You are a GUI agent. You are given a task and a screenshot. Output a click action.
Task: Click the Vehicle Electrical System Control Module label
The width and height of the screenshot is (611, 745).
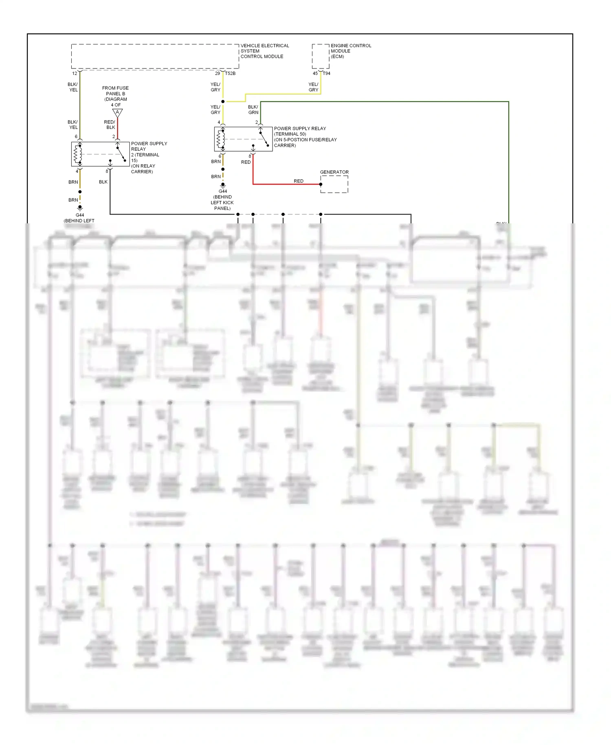pos(264,51)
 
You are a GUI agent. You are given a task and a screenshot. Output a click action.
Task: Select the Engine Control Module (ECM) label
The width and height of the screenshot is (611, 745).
pos(351,51)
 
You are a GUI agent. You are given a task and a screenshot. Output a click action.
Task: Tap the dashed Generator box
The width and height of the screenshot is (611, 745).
pos(334,185)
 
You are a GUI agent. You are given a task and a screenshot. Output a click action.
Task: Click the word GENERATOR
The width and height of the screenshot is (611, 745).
pos(334,172)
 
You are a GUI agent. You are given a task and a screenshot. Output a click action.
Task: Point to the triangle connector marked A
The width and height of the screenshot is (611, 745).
pos(117,112)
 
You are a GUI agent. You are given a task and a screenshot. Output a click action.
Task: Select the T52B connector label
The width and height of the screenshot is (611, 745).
pos(231,73)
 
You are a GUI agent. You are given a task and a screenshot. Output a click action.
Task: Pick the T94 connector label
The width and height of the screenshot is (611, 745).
pos(327,73)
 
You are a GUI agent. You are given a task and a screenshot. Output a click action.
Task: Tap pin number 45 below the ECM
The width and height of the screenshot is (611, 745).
pos(315,73)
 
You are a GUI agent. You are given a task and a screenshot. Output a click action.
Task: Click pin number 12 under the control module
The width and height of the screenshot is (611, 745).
pos(75,73)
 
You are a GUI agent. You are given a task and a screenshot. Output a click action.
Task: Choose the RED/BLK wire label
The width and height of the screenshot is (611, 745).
pos(110,125)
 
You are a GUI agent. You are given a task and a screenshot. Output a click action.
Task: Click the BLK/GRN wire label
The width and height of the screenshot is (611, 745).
pos(253,110)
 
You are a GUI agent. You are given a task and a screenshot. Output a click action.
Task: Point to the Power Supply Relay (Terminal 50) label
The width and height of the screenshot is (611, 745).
pos(305,137)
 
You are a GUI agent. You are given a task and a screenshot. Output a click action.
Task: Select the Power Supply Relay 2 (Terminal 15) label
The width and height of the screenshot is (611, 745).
pos(149,157)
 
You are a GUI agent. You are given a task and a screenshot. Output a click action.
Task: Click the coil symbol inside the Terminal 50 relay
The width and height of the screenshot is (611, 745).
pos(221,139)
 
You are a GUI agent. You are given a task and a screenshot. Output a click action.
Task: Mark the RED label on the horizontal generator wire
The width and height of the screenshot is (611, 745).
pos(299,181)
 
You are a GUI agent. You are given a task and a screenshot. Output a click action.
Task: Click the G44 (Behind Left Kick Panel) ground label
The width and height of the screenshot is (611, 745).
pos(222,200)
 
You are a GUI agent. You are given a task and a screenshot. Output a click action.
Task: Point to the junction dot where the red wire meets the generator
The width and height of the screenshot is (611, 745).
pos(321,184)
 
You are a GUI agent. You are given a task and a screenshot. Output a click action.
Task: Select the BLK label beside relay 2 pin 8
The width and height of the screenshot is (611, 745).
pos(103,182)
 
